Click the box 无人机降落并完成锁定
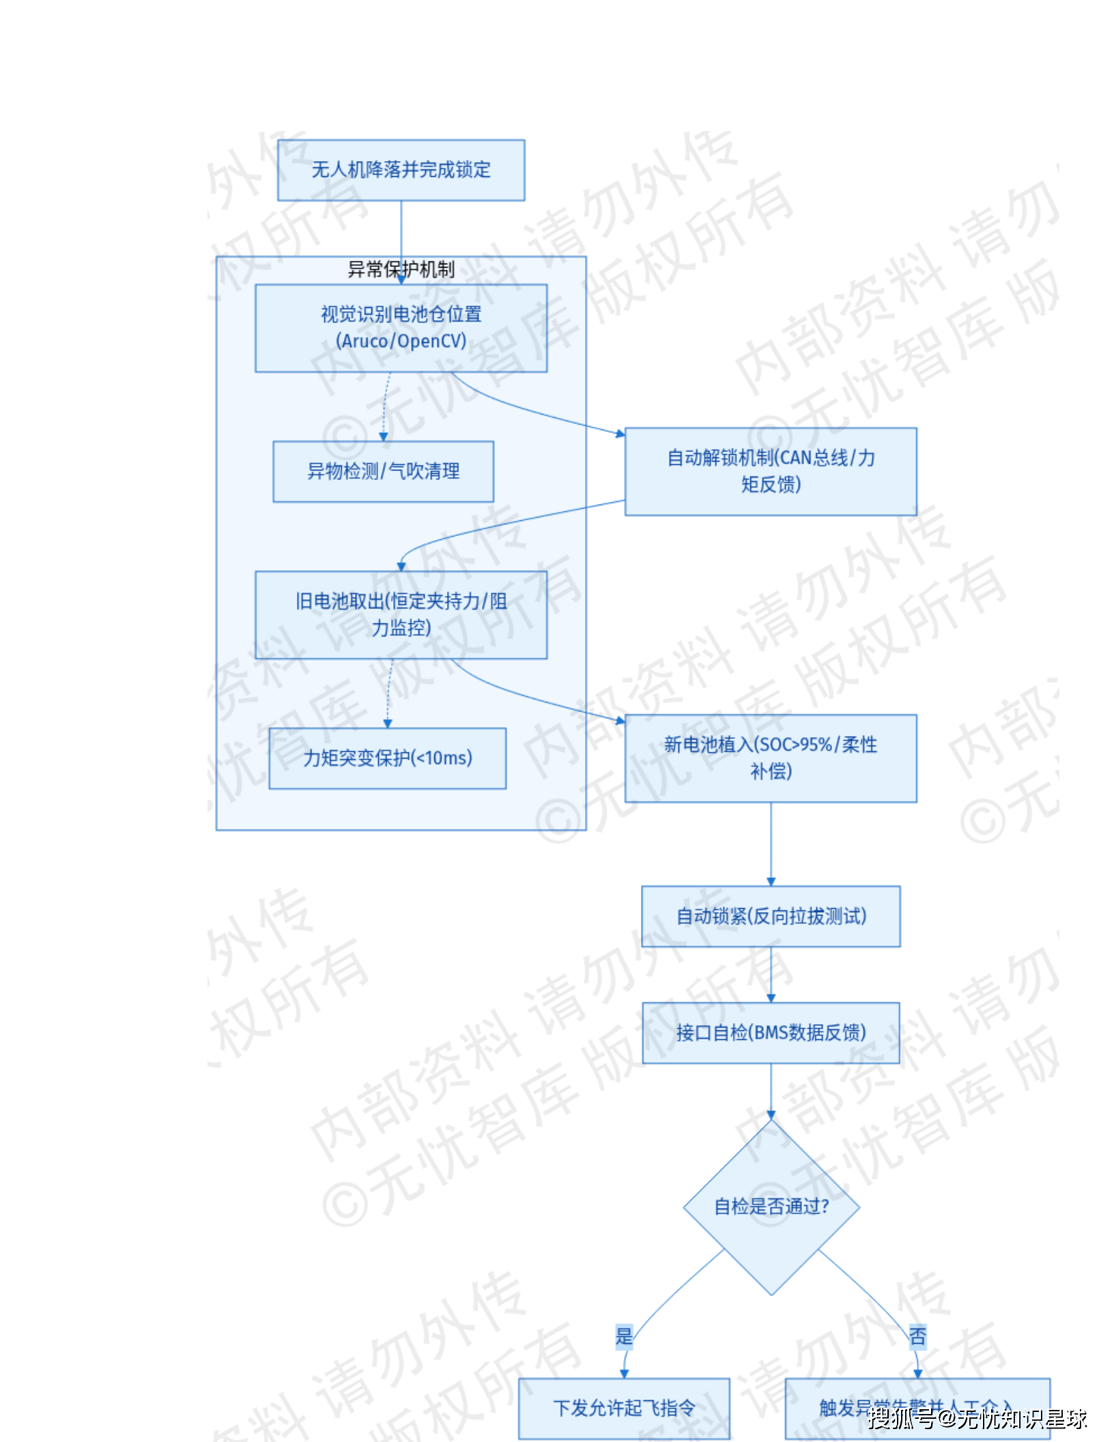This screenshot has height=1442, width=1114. point(401,170)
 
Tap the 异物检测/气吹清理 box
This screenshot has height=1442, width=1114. point(383,471)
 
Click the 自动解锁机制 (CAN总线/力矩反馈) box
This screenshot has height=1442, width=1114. point(770,471)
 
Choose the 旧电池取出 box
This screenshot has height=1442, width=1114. point(401,614)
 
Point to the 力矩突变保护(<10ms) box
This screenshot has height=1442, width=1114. point(387,758)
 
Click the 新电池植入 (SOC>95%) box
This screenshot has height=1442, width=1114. point(770,758)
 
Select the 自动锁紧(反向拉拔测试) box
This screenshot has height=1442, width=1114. point(770,916)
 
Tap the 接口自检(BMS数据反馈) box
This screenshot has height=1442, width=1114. point(770,1032)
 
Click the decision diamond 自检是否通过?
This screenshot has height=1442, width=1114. point(771,1206)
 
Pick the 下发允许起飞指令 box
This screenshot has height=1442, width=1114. point(623,1408)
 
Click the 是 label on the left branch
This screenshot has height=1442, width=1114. point(624,1336)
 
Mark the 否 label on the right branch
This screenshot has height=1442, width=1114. point(917,1336)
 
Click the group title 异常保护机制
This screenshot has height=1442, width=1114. point(401,270)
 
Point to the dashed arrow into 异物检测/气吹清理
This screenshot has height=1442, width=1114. point(385,407)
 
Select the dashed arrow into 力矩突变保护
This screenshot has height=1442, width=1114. point(388,694)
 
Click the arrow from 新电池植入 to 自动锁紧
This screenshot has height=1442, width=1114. point(771,844)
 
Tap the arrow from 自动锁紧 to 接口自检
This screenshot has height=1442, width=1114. point(771,974)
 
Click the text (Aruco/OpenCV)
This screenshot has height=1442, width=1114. point(401,341)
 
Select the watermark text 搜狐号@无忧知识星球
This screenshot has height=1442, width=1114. point(976,1419)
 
